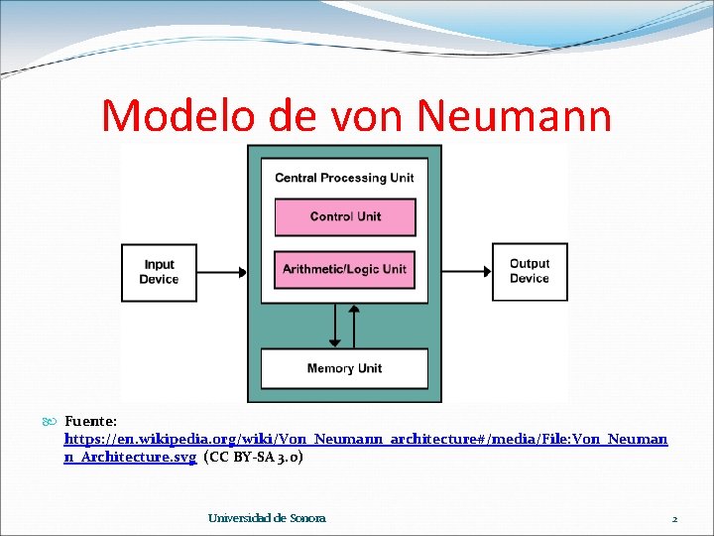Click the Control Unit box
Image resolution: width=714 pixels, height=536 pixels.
(344, 216)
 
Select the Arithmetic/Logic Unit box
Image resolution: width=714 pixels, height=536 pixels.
(344, 269)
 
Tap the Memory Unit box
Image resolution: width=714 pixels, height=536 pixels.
(344, 368)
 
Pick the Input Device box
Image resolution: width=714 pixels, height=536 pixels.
(159, 272)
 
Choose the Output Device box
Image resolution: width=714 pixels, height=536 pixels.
(529, 271)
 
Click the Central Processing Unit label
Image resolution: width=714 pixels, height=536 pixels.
(344, 178)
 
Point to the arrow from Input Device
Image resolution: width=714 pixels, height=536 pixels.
(221, 271)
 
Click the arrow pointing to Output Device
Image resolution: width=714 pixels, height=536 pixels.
(466, 271)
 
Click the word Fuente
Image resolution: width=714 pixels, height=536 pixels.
(90, 421)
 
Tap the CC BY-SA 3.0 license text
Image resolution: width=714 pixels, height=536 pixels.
(253, 458)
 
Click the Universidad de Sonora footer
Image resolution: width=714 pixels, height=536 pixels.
(267, 518)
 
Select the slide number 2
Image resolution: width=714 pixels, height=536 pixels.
(674, 519)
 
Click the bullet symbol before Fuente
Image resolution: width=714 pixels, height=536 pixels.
(52, 422)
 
